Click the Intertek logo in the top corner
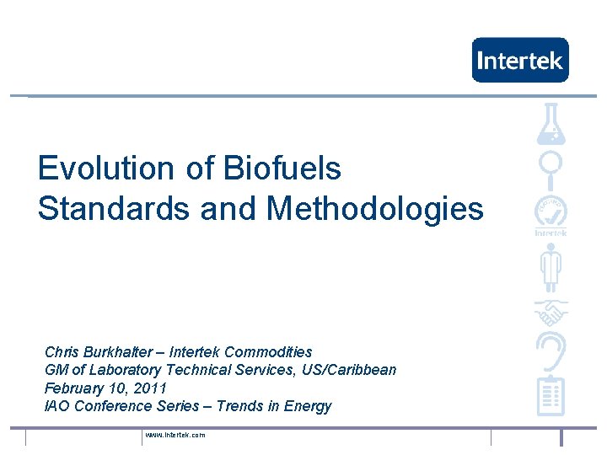pyautogui.click(x=520, y=60)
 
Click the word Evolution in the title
pyautogui.click(x=105, y=168)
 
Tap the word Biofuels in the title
pyautogui.click(x=282, y=168)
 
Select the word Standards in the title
pyautogui.click(x=114, y=208)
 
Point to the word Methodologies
pyautogui.click(x=374, y=210)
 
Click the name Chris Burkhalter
pyautogui.click(x=99, y=352)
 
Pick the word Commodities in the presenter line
pyautogui.click(x=268, y=352)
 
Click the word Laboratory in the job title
pyautogui.click(x=125, y=370)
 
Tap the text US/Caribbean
pyautogui.click(x=349, y=370)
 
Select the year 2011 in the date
pyautogui.click(x=150, y=388)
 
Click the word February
pyautogui.click(x=74, y=388)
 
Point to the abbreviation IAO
pyautogui.click(x=57, y=406)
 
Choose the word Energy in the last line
pyautogui.click(x=308, y=407)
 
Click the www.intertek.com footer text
pyautogui.click(x=175, y=435)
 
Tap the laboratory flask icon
pyautogui.click(x=551, y=124)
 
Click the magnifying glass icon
pyautogui.click(x=550, y=170)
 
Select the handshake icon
pyautogui.click(x=551, y=313)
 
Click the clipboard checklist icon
pyautogui.click(x=551, y=395)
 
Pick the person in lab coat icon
pyautogui.click(x=551, y=267)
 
